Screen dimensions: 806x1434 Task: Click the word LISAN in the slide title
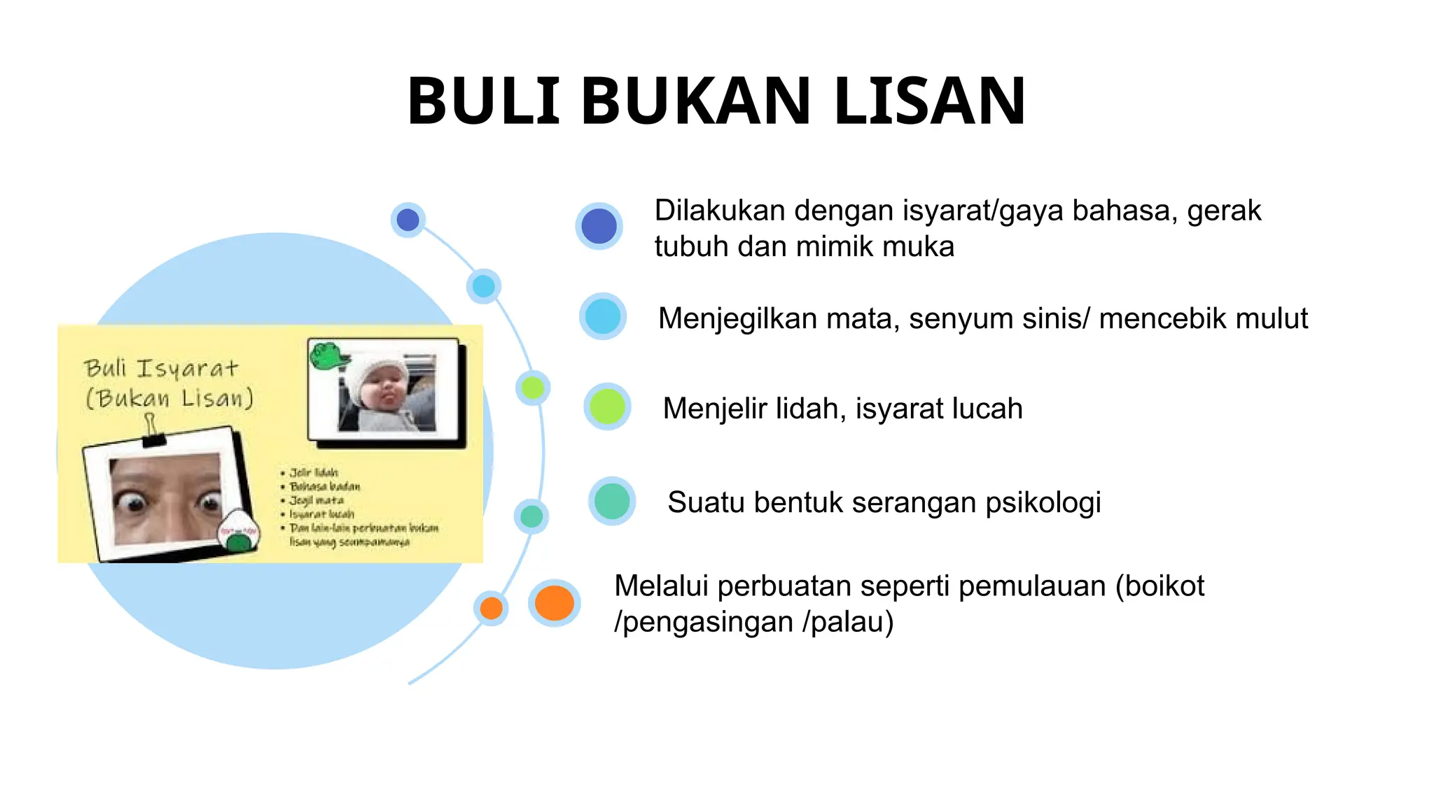(929, 101)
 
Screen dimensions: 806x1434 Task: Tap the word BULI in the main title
(484, 101)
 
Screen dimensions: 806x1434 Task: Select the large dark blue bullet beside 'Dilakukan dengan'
(599, 226)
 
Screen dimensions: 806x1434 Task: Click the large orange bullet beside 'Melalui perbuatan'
(555, 603)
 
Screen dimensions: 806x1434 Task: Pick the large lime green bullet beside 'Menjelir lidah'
(607, 406)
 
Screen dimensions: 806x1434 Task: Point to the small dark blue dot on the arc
(408, 220)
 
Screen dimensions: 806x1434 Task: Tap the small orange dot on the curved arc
(492, 608)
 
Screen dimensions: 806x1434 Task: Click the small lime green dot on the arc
(533, 388)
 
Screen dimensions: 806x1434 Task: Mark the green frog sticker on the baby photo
(328, 355)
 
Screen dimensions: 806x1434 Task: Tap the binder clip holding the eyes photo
(152, 430)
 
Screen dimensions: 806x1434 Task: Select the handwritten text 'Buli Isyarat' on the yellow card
(161, 369)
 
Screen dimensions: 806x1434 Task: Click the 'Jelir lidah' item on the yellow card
(314, 473)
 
